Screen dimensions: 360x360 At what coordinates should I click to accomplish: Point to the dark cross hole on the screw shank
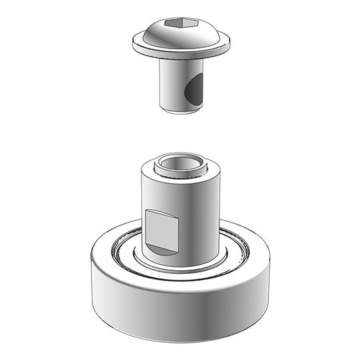coord(194,92)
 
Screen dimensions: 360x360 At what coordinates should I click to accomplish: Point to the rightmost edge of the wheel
coord(270,266)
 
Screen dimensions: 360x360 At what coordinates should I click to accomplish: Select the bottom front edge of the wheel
coord(180,323)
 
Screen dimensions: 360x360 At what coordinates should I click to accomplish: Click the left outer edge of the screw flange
coord(133,43)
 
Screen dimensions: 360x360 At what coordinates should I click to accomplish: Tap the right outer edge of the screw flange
coord(230,43)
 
